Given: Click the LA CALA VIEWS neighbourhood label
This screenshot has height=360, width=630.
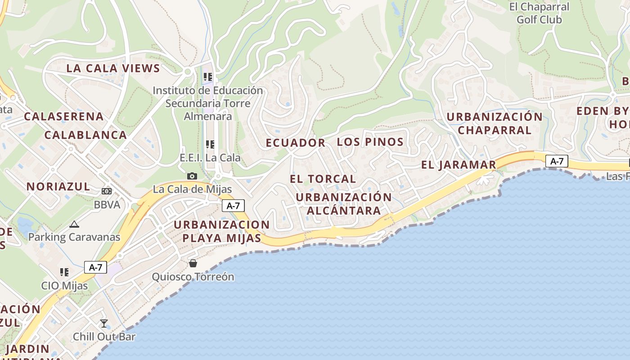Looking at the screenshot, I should (113, 68).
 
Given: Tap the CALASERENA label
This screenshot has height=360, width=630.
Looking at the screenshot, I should (64, 116).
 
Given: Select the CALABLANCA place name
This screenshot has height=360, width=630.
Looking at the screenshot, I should (85, 135).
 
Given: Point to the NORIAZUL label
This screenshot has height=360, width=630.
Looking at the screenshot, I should (58, 186).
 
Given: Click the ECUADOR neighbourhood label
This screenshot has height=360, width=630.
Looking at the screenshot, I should (296, 143).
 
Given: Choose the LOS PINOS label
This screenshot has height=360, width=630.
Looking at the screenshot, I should (370, 142).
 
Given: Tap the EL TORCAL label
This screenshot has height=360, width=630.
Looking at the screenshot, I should (323, 179).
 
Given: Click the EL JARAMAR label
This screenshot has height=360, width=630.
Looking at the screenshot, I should (459, 165).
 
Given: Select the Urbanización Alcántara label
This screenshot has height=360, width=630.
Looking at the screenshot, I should (344, 204).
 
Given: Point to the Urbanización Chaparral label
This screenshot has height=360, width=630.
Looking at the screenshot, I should (495, 123).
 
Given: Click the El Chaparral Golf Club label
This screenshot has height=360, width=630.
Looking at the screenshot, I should (539, 13).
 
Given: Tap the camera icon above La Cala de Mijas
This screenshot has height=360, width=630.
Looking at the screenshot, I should (192, 176).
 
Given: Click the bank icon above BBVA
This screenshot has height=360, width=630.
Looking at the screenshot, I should (107, 191).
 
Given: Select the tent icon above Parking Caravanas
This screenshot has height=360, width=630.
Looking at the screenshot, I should (74, 224).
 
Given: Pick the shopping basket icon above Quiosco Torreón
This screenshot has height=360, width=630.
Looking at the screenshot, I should (193, 263).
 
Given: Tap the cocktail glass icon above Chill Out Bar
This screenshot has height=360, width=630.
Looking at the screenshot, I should (104, 323).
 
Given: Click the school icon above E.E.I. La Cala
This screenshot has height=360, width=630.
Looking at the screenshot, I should (210, 144).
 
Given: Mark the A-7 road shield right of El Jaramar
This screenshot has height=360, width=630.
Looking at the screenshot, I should (557, 161).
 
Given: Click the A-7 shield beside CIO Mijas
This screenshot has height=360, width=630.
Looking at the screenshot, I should (95, 267).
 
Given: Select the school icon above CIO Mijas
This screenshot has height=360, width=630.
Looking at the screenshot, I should (64, 272).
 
